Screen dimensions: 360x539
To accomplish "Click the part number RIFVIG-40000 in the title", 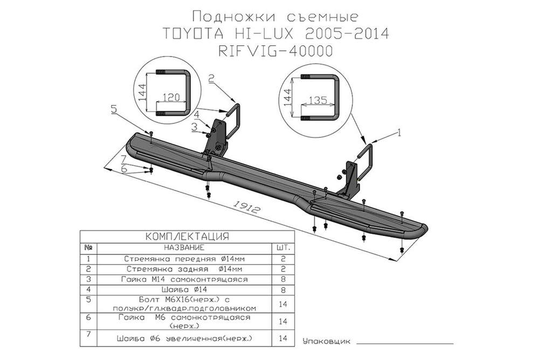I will pyautogui.click(x=275, y=51).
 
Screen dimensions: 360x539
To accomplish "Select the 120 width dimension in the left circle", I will pyautogui.click(x=170, y=98).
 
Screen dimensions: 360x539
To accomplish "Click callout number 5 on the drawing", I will pyautogui.click(x=114, y=109).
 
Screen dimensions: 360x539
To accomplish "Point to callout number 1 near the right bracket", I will pyautogui.click(x=399, y=131).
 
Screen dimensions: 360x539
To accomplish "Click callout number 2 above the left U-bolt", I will pyautogui.click(x=211, y=79).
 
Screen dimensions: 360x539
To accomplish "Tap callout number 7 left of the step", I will pyautogui.click(x=123, y=158).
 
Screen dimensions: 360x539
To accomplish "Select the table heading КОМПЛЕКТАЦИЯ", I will pyautogui.click(x=187, y=237).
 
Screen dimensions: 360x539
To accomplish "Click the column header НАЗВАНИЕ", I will pyautogui.click(x=184, y=248).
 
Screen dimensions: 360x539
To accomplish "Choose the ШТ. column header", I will pyautogui.click(x=283, y=248).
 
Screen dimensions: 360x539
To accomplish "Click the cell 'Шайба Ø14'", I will pyautogui.click(x=184, y=290).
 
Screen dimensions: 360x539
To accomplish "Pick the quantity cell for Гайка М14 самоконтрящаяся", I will pyautogui.click(x=283, y=280).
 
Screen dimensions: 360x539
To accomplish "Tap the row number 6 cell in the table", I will pyautogui.click(x=88, y=317).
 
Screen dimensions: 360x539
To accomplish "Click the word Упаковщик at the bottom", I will pyautogui.click(x=327, y=341).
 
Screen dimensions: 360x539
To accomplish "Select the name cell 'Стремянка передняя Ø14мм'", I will pyautogui.click(x=184, y=259).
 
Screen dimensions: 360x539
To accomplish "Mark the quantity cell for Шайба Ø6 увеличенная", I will pyautogui.click(x=283, y=338).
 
